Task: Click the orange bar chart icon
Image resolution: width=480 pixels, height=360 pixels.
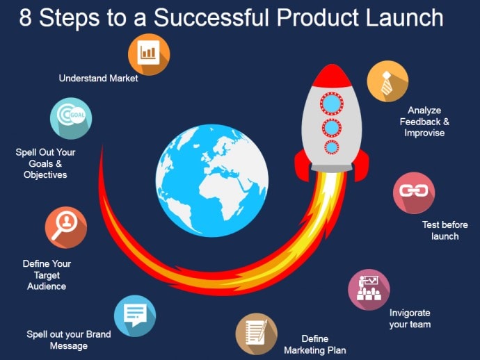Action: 149,54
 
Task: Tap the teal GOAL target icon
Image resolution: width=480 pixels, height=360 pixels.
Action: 71,118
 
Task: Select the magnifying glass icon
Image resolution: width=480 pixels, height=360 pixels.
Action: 66,227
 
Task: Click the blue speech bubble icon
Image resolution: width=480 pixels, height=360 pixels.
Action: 135,316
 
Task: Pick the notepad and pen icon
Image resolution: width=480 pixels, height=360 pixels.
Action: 257,334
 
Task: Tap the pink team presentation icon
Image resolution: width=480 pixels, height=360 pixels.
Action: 369,290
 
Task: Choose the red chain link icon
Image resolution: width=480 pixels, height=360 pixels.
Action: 414,193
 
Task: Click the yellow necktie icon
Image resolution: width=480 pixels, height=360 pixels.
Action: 388,81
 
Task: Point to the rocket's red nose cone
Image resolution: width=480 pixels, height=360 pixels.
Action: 332,76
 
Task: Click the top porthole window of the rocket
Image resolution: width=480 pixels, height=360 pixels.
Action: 332,104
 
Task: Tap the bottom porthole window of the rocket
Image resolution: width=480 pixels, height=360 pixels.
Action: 332,147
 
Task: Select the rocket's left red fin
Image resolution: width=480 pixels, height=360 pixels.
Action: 302,165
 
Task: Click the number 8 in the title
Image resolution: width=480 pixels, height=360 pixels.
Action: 26,17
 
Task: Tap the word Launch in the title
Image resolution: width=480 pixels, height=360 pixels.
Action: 404,17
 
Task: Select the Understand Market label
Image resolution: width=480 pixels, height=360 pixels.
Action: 98,79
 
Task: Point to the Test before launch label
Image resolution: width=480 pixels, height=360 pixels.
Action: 445,230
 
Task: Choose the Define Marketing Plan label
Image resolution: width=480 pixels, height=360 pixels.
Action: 315,345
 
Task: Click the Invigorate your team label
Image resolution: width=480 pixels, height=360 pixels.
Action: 410,318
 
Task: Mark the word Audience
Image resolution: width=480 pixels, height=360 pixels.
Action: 47,286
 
